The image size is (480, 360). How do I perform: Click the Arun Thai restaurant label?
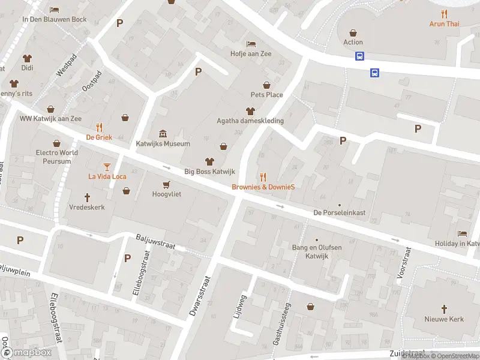pos(444,24)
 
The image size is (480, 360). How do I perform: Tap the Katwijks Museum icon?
pos(163,133)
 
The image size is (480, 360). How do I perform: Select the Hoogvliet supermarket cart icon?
pos(166,184)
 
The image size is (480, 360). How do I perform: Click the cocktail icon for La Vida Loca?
pos(107,166)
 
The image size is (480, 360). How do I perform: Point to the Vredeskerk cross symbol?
pos(87,197)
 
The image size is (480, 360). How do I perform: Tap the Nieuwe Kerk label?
pos(444,319)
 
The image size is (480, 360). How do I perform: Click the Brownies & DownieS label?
pos(263,187)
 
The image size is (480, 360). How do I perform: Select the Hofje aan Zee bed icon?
pos(251,44)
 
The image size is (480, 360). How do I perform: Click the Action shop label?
pos(353,42)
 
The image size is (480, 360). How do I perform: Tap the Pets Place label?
pos(266,95)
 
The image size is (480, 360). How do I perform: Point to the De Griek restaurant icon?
pos(100,127)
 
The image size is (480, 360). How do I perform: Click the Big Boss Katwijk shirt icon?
pos(209,161)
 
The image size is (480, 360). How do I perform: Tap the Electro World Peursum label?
pos(57,157)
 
